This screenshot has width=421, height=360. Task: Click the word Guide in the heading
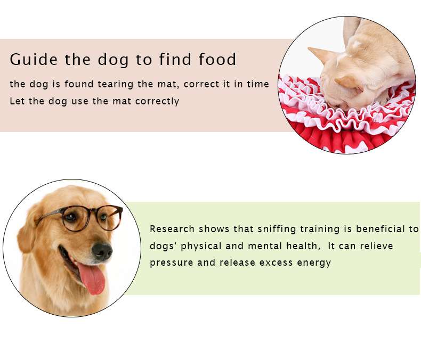(34, 59)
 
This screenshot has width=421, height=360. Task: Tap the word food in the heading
(217, 59)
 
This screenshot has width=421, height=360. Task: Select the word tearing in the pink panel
(116, 85)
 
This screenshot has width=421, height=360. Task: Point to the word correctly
(157, 102)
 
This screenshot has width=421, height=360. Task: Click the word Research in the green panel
(172, 229)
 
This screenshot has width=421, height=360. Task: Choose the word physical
(201, 247)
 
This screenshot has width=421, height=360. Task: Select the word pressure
(171, 263)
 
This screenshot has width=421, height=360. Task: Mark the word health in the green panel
(303, 246)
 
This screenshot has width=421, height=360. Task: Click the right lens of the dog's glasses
(110, 217)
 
